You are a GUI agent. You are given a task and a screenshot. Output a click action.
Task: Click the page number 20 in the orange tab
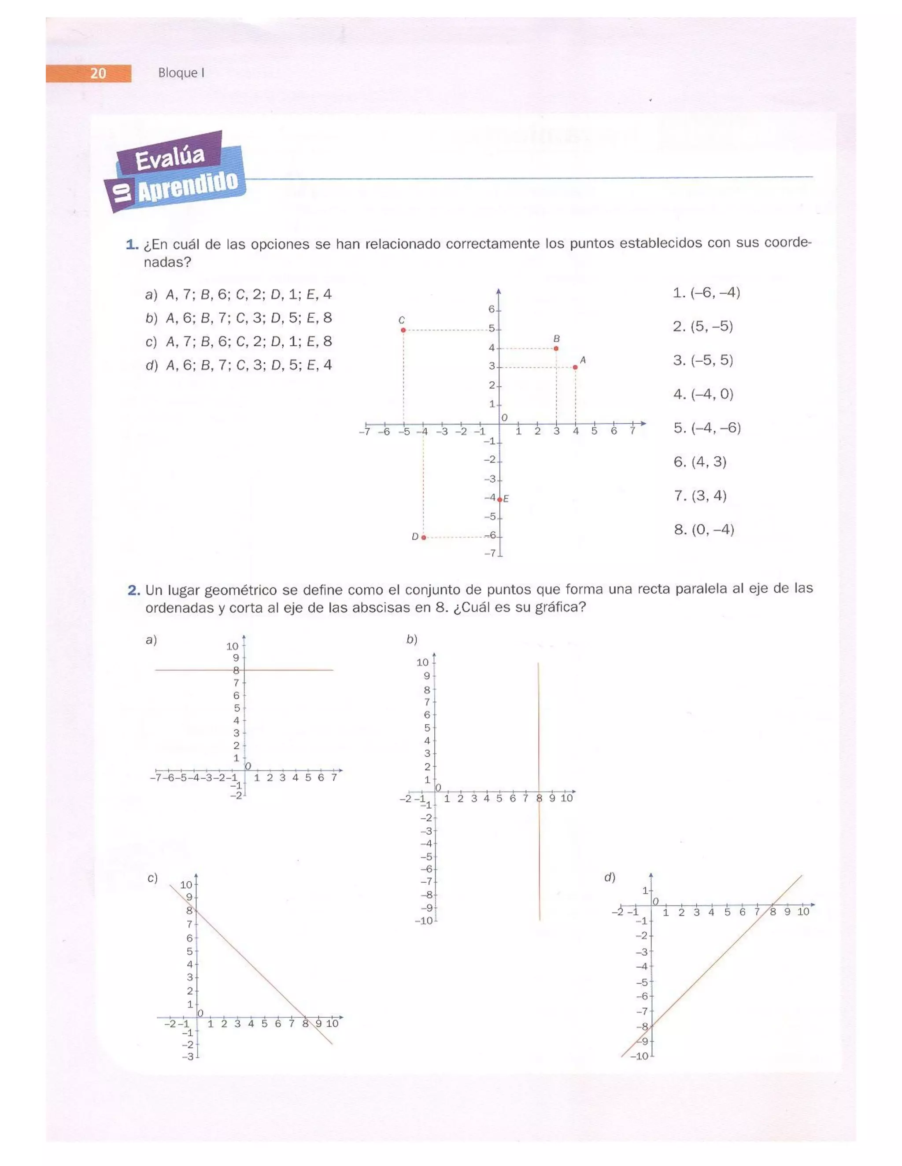pos(98,73)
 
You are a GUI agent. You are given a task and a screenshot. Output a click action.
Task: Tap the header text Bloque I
pos(181,73)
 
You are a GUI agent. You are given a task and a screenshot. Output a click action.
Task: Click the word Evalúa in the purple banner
pos(170,158)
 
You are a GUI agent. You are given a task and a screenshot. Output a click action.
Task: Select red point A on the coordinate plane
pos(575,367)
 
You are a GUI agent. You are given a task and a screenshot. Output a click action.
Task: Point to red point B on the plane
pos(556,348)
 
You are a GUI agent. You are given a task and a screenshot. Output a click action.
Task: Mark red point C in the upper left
pos(403,330)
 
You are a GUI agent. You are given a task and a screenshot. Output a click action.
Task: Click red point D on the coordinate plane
pos(424,537)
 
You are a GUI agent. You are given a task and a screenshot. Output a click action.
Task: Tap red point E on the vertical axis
pos(499,500)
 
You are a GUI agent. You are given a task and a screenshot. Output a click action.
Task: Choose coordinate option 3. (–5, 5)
pos(702,360)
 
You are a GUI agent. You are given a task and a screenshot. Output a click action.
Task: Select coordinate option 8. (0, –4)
pos(704,530)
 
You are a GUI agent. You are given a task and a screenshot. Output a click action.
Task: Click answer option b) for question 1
pos(238,318)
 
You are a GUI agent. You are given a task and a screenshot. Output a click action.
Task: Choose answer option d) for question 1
pos(238,365)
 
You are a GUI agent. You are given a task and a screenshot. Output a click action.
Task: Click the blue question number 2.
pos(133,590)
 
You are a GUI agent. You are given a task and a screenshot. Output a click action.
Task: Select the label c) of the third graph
pos(152,878)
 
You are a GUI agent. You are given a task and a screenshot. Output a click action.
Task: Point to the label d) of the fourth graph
pos(609,877)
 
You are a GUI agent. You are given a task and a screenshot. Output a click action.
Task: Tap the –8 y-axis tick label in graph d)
pos(642,1026)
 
